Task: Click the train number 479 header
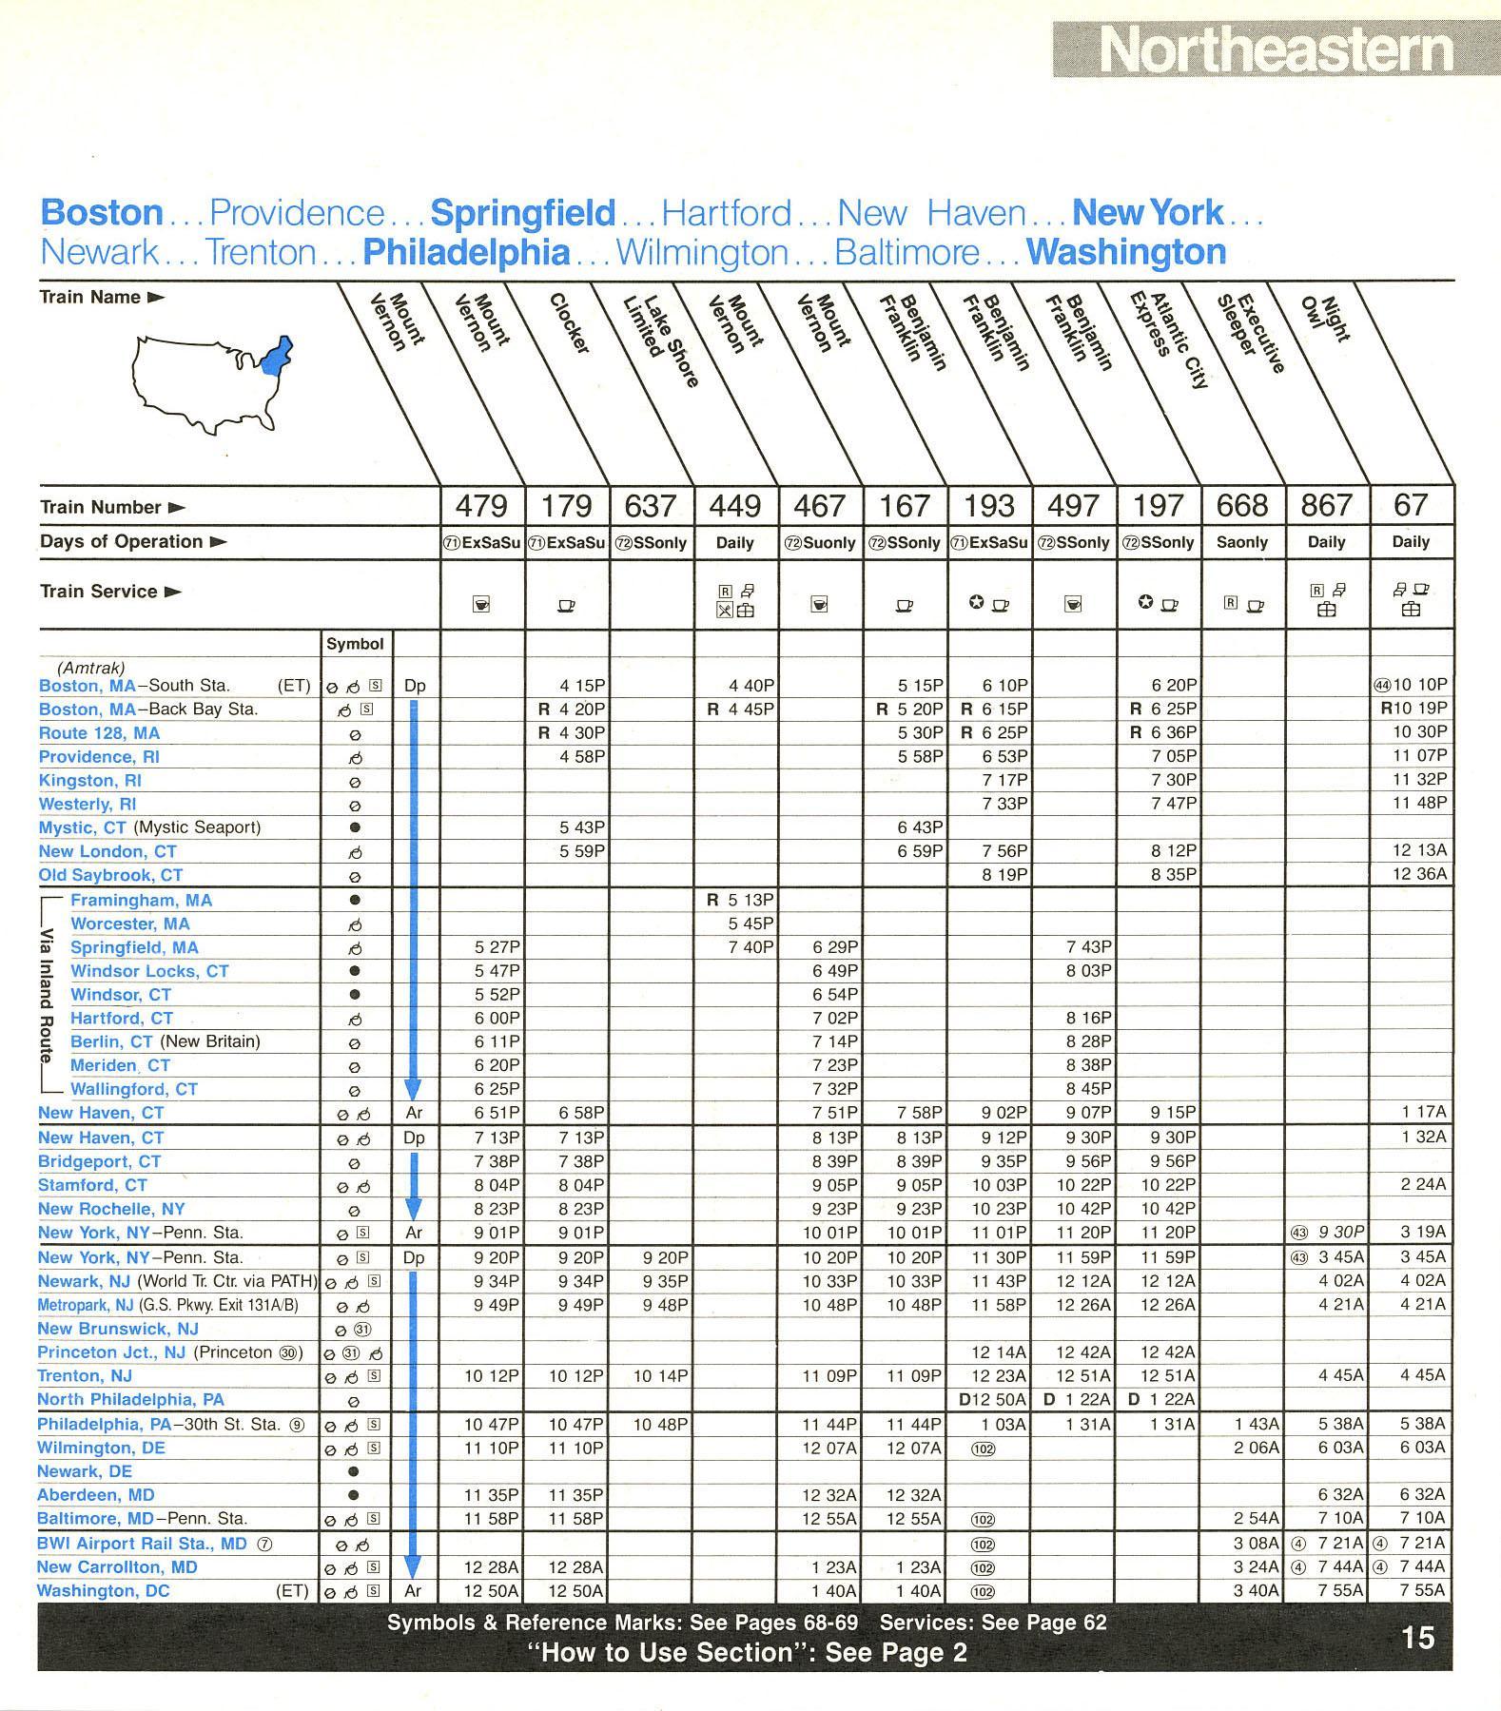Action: [x=482, y=505]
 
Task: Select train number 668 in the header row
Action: [x=1242, y=505]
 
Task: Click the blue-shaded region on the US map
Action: [x=277, y=358]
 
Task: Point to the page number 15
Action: [x=1417, y=1638]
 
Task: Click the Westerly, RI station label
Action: [x=88, y=804]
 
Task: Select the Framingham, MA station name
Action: [x=141, y=900]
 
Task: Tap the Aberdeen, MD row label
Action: [x=95, y=1494]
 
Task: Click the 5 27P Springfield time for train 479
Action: [x=497, y=947]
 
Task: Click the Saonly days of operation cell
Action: [x=1242, y=542]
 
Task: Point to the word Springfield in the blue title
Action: [x=522, y=213]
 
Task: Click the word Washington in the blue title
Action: [x=1125, y=253]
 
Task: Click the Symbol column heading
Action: [x=355, y=644]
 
